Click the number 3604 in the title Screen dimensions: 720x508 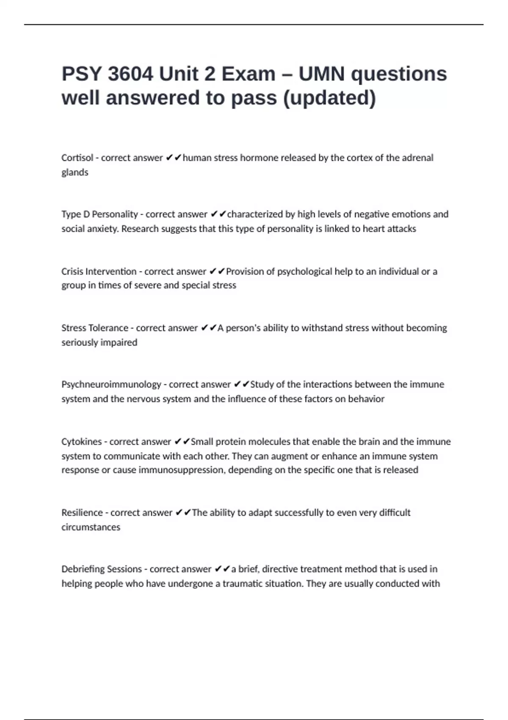130,74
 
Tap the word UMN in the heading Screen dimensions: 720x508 322,74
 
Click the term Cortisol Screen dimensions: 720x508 77,158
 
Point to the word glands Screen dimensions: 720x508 75,172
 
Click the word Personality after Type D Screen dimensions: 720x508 115,214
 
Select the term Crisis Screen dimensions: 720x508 72,271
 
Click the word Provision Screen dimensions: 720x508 245,271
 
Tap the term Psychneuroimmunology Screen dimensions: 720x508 111,385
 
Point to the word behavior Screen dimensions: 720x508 366,399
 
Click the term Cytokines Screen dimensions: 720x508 82,442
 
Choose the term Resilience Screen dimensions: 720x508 82,513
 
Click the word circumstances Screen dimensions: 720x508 91,527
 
